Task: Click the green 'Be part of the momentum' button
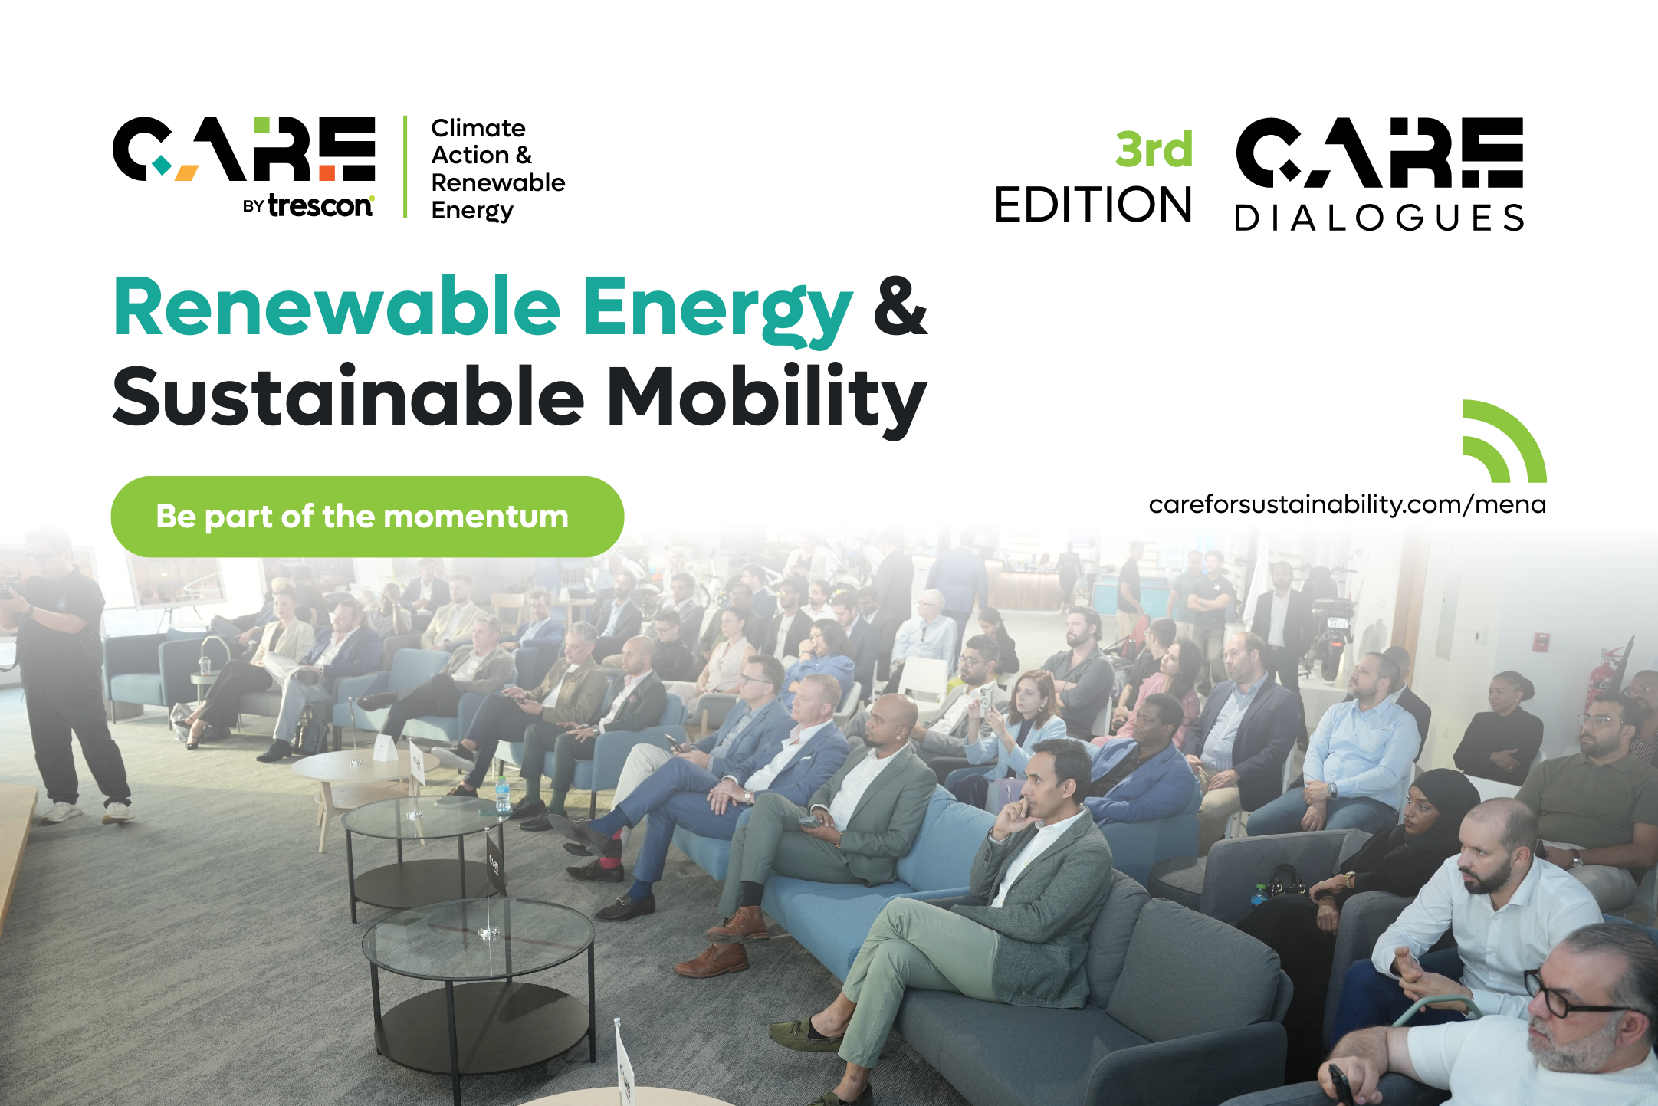pyautogui.click(x=367, y=517)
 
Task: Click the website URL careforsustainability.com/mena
pyautogui.click(x=1347, y=505)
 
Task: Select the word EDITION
pyautogui.click(x=1093, y=205)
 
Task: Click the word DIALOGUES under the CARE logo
pyautogui.click(x=1379, y=218)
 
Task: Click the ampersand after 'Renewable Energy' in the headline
pyautogui.click(x=901, y=307)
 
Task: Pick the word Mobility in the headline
pyautogui.click(x=767, y=399)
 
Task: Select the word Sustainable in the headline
pyautogui.click(x=349, y=396)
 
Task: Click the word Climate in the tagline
pyautogui.click(x=478, y=128)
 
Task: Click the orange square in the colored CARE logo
pyautogui.click(x=327, y=172)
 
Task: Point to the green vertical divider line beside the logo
pyautogui.click(x=405, y=167)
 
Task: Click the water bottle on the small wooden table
pyautogui.click(x=503, y=794)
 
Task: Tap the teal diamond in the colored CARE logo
pyautogui.click(x=162, y=164)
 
